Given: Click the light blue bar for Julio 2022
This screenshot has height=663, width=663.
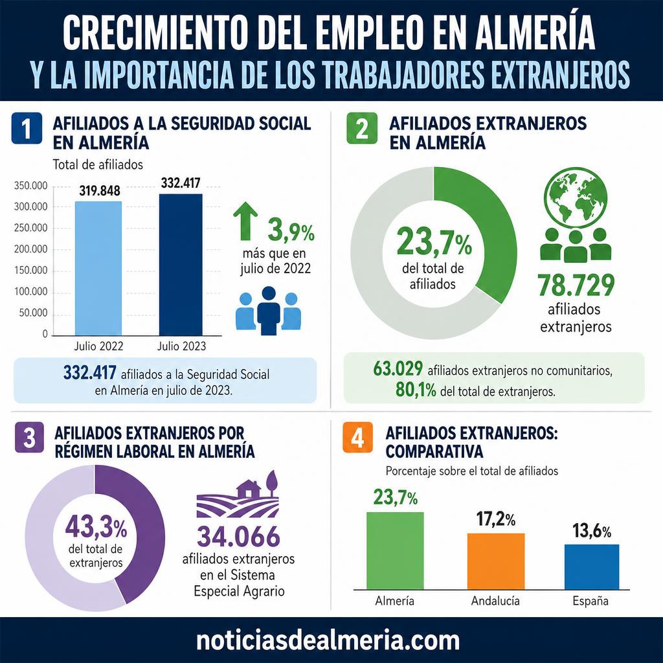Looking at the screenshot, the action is pyautogui.click(x=98, y=269).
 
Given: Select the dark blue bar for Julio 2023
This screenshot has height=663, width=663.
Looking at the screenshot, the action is pyautogui.click(x=181, y=265).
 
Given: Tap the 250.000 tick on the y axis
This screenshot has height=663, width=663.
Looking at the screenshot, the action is pyautogui.click(x=31, y=228).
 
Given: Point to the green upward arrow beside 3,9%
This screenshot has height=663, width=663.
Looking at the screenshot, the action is pyautogui.click(x=245, y=221).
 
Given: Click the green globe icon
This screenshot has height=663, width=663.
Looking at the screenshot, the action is pyautogui.click(x=576, y=197).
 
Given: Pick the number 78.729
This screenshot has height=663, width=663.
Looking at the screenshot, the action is pyautogui.click(x=576, y=286).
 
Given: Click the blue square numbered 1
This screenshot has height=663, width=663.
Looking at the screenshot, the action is pyautogui.click(x=27, y=128).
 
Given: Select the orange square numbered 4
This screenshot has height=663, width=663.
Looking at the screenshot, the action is pyautogui.click(x=357, y=437).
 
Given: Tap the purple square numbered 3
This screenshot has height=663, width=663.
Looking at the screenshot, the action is pyautogui.click(x=29, y=437).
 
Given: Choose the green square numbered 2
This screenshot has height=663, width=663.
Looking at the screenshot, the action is pyautogui.click(x=362, y=128).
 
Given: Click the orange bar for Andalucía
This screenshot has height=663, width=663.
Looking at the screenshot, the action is pyautogui.click(x=496, y=561).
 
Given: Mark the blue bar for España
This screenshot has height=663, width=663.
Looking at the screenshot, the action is pyautogui.click(x=592, y=567).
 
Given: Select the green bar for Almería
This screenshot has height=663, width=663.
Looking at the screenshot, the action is pyautogui.click(x=395, y=550).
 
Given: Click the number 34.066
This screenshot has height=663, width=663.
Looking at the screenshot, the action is pyautogui.click(x=238, y=536).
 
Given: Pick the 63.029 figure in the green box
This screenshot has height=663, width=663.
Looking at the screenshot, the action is pyautogui.click(x=398, y=368).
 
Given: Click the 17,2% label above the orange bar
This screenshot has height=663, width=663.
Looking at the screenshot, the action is pyautogui.click(x=496, y=519).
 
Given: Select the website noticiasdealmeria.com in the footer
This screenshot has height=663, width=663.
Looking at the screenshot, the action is pyautogui.click(x=328, y=640).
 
